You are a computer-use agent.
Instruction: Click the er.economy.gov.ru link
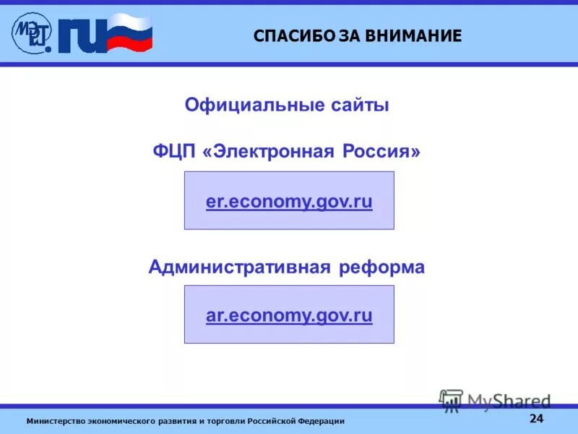[289, 202]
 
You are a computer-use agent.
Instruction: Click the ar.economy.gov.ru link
[289, 315]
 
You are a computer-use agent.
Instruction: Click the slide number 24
[536, 419]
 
